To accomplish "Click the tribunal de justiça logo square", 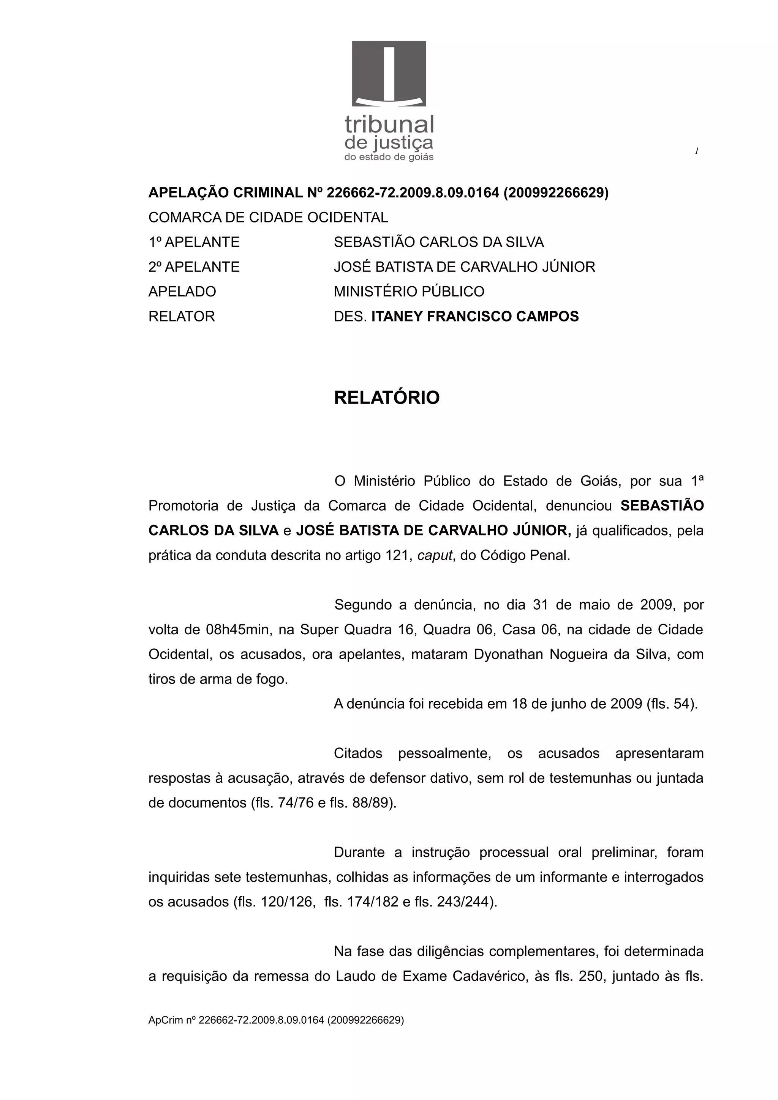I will pos(389,73).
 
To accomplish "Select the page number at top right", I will pos(696,151).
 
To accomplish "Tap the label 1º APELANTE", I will pos(194,242).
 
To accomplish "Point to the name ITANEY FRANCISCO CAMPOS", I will pos(474,316).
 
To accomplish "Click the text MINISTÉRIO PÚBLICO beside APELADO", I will pos(409,291).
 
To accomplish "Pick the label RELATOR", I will pos(182,316).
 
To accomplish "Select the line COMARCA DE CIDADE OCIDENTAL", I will pos(268,217).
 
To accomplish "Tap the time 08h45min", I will pos(237,630).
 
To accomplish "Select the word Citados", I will pos(357,753).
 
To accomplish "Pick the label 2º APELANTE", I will pos(194,267).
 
